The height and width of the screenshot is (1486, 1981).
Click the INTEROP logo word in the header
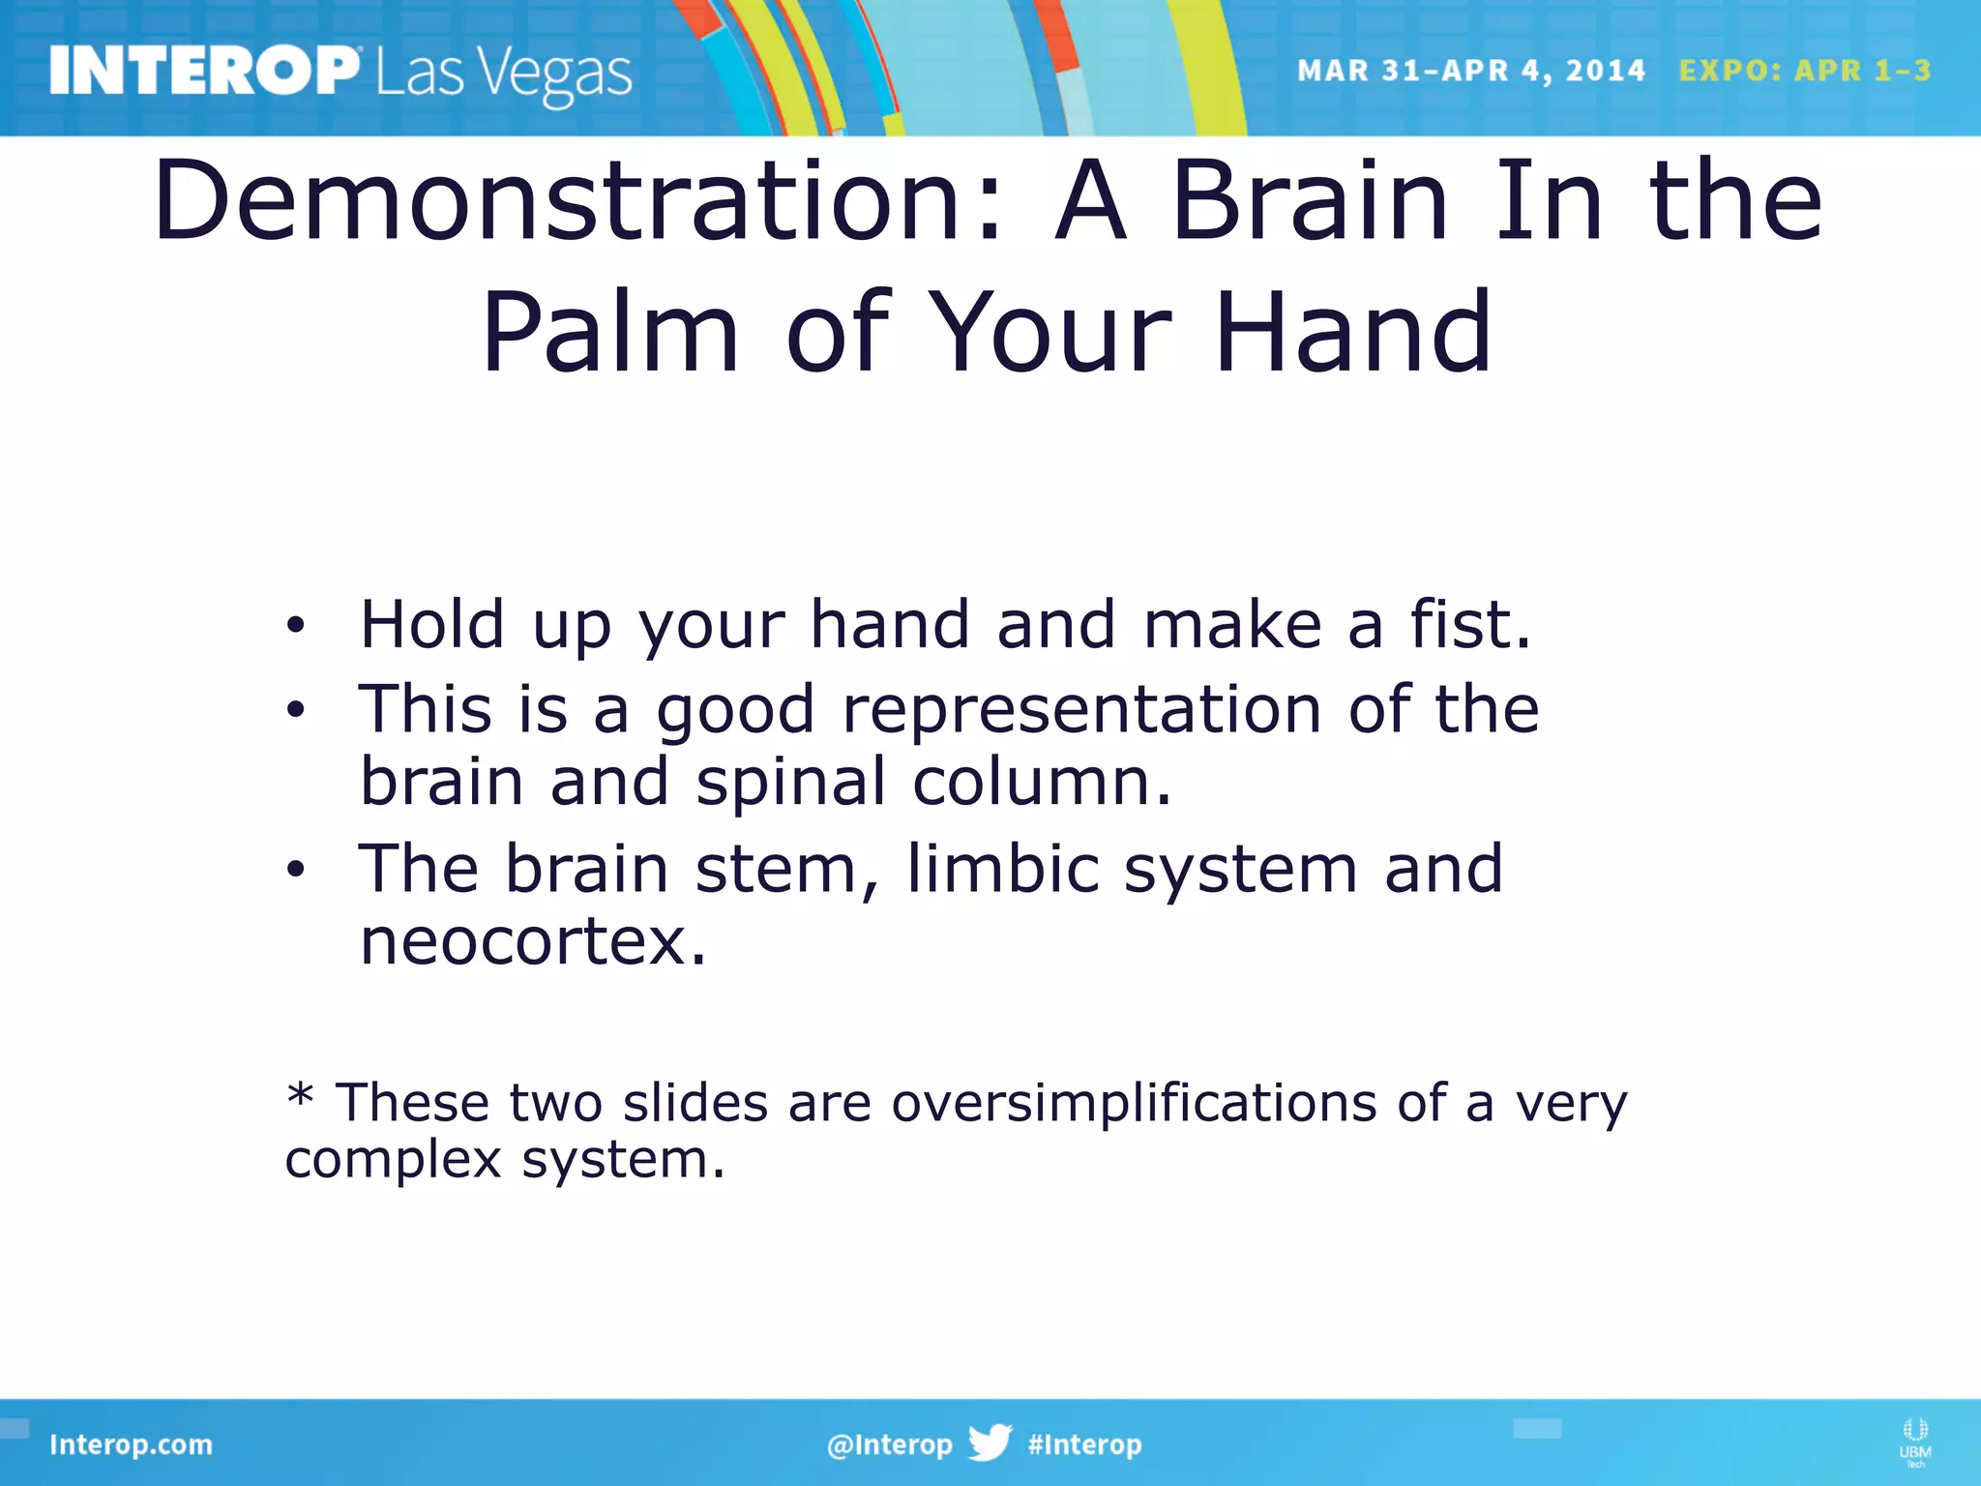pos(203,71)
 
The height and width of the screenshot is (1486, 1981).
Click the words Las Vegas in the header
pos(503,74)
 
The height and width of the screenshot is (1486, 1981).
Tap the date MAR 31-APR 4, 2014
pos(1470,71)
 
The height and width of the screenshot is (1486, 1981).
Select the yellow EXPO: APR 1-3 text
pos(1804,71)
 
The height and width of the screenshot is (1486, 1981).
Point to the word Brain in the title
pos(1311,201)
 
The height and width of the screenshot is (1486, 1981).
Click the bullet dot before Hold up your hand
pos(295,626)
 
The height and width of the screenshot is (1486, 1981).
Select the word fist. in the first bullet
pos(1470,624)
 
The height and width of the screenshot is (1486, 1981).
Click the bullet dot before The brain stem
pos(295,870)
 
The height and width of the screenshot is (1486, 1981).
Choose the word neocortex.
pos(533,941)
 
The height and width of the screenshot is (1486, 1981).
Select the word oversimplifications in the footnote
pos(1133,1103)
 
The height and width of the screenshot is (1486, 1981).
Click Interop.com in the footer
pos(131,1444)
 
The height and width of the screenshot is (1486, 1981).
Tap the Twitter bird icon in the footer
pos(990,1442)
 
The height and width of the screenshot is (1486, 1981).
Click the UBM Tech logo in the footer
pos(1914,1441)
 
